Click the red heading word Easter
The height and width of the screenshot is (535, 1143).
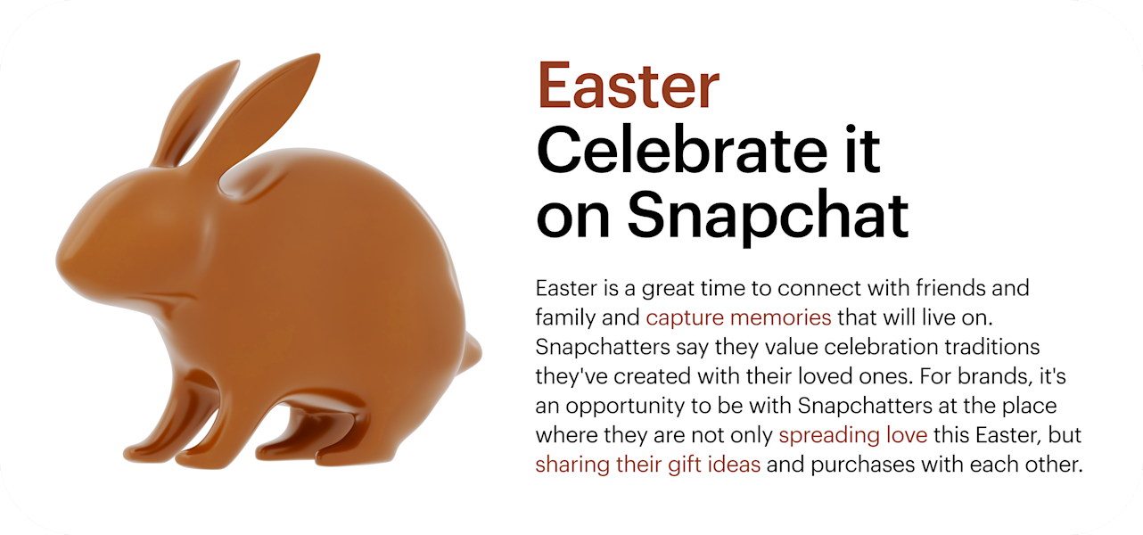(x=629, y=86)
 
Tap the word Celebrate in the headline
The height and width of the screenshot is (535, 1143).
(x=682, y=150)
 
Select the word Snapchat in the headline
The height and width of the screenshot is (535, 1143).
(x=768, y=217)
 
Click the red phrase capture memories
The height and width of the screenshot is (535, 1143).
(x=738, y=317)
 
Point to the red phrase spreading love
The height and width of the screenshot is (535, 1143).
(x=852, y=435)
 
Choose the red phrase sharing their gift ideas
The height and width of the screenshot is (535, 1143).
(x=648, y=465)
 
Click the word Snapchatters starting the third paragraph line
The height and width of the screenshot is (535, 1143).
(x=603, y=347)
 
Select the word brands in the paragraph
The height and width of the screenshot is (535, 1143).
(x=988, y=376)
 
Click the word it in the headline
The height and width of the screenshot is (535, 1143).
(x=863, y=150)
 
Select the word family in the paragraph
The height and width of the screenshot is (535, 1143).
(x=566, y=318)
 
